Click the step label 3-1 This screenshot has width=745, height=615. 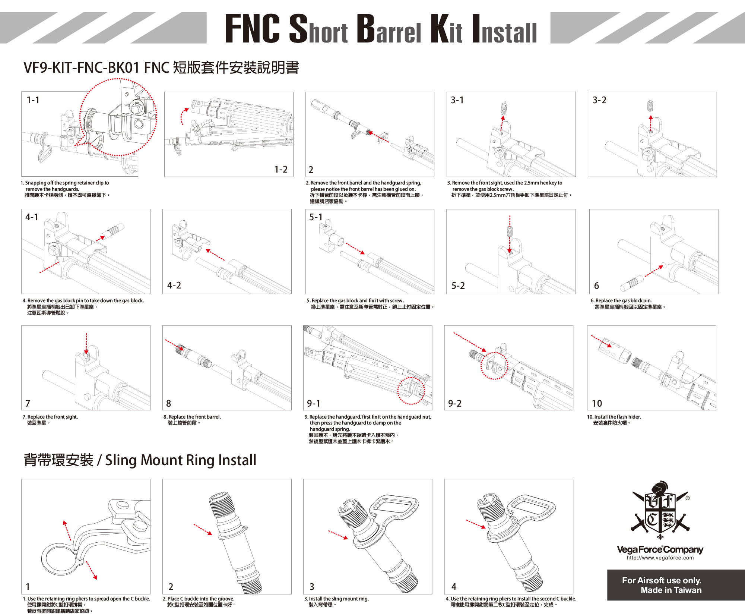(x=457, y=100)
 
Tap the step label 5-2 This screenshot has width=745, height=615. (x=458, y=286)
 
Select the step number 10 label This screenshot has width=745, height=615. (x=597, y=403)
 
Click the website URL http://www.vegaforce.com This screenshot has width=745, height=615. (x=660, y=558)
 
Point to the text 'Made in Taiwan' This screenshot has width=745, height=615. (x=671, y=590)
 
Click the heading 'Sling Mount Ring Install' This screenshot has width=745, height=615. (x=181, y=460)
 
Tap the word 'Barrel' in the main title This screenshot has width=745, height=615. (x=389, y=29)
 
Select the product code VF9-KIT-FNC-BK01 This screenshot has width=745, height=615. (x=82, y=68)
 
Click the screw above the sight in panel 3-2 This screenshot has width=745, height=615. (x=651, y=106)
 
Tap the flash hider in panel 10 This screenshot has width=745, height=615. (x=615, y=351)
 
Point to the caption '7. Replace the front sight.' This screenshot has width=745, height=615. (x=50, y=417)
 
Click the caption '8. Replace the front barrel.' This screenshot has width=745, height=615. (x=192, y=417)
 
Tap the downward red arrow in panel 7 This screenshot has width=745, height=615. (x=86, y=343)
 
